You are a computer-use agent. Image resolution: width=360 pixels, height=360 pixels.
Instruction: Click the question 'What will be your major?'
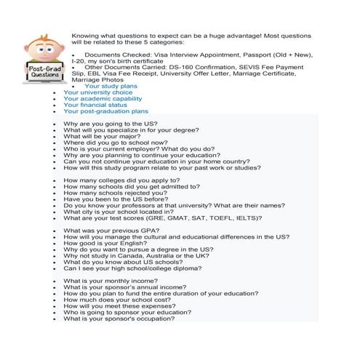coord(103,135)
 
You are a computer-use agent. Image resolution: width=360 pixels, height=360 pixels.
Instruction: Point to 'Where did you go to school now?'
coord(116,144)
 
